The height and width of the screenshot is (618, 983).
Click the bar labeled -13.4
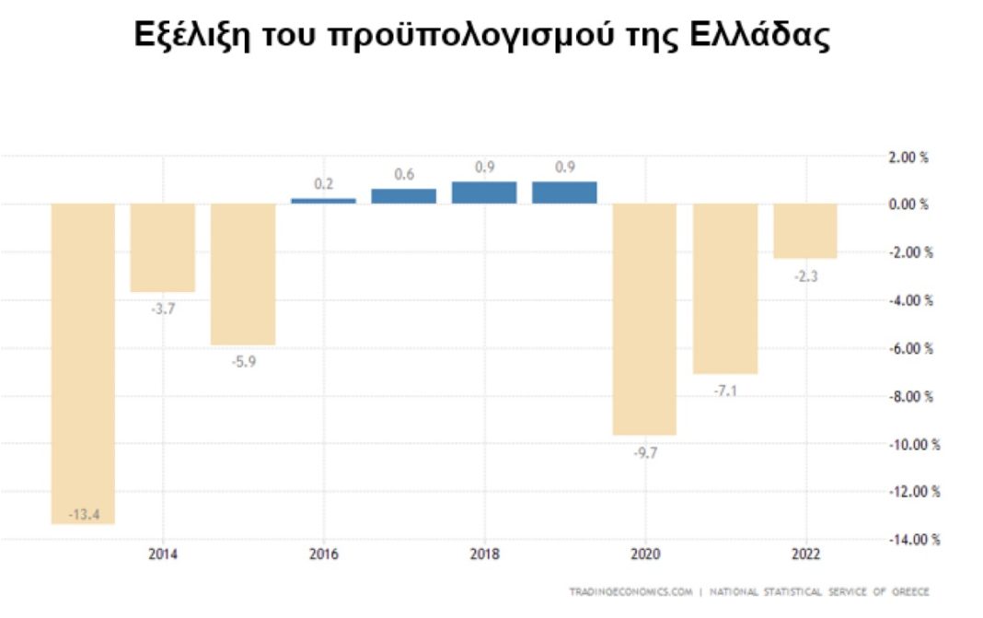click(x=83, y=363)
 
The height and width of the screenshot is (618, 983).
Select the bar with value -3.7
click(x=162, y=247)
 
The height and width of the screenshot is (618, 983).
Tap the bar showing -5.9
click(x=243, y=274)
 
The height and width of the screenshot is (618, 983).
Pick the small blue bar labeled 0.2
click(x=323, y=200)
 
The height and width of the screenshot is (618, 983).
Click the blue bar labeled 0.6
click(x=403, y=195)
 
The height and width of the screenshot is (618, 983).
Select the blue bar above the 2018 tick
click(x=484, y=192)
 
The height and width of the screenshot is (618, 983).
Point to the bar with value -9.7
click(x=645, y=319)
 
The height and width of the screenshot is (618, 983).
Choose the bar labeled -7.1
click(x=725, y=288)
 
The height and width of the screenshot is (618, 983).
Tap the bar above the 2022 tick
click(x=805, y=230)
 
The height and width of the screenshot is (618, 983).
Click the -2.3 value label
click(x=805, y=273)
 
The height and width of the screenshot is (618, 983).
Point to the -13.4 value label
click(x=83, y=513)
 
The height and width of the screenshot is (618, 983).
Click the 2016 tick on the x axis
click(x=324, y=554)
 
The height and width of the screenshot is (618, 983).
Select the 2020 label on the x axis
click(x=646, y=554)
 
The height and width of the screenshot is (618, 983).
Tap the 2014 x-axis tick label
click(x=163, y=554)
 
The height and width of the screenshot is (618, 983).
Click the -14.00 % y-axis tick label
click(x=911, y=540)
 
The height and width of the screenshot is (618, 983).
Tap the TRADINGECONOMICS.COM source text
click(x=630, y=591)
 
